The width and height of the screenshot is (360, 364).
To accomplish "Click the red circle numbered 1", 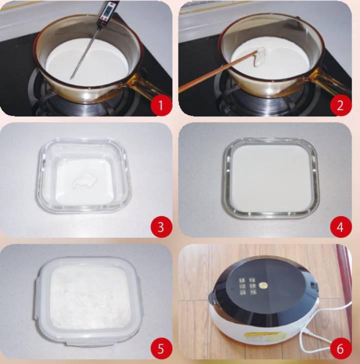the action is coord(161,105).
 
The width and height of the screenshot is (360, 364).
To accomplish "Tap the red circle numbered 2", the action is coord(340,105).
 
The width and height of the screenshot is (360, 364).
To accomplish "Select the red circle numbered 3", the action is coord(161,227).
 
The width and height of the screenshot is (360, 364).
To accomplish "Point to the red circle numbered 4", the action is coord(340,227).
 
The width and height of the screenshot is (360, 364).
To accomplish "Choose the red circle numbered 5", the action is coord(161,348).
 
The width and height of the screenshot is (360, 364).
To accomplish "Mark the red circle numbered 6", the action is coord(340,348).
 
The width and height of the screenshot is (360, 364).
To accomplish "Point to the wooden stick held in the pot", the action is coord(216,72).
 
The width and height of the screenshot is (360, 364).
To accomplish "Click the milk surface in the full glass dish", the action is coord(271,179).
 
